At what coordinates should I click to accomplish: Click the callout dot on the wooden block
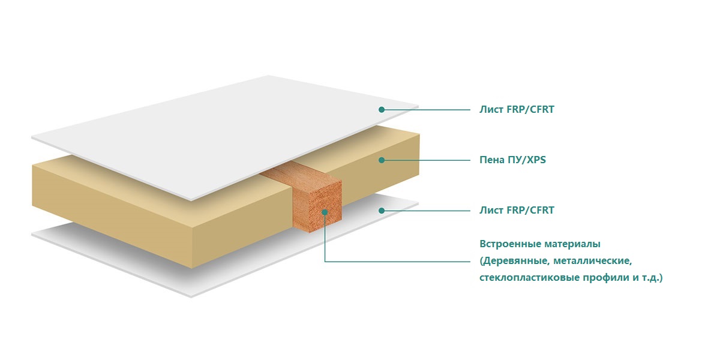pyautogui.click(x=325, y=212)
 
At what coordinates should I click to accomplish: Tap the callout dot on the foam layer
pyautogui.click(x=382, y=160)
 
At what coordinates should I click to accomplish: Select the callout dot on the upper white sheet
pyautogui.click(x=382, y=110)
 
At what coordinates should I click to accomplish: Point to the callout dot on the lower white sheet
pyautogui.click(x=382, y=211)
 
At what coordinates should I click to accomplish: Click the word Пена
pyautogui.click(x=491, y=160)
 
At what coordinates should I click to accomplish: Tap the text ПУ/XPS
pyautogui.click(x=527, y=160)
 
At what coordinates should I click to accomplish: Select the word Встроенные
pyautogui.click(x=509, y=244)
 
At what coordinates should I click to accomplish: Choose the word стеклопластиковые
pyautogui.click(x=529, y=277)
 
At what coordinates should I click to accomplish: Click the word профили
pyautogui.click(x=607, y=277)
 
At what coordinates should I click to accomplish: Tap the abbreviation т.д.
pyautogui.click(x=652, y=277)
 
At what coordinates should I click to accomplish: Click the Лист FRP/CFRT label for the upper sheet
pyautogui.click(x=517, y=110)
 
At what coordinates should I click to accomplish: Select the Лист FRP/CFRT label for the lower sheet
pyautogui.click(x=517, y=210)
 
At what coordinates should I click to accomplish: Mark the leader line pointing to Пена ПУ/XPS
pyautogui.click(x=426, y=160)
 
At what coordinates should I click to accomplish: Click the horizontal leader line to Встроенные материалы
pyautogui.click(x=397, y=262)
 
